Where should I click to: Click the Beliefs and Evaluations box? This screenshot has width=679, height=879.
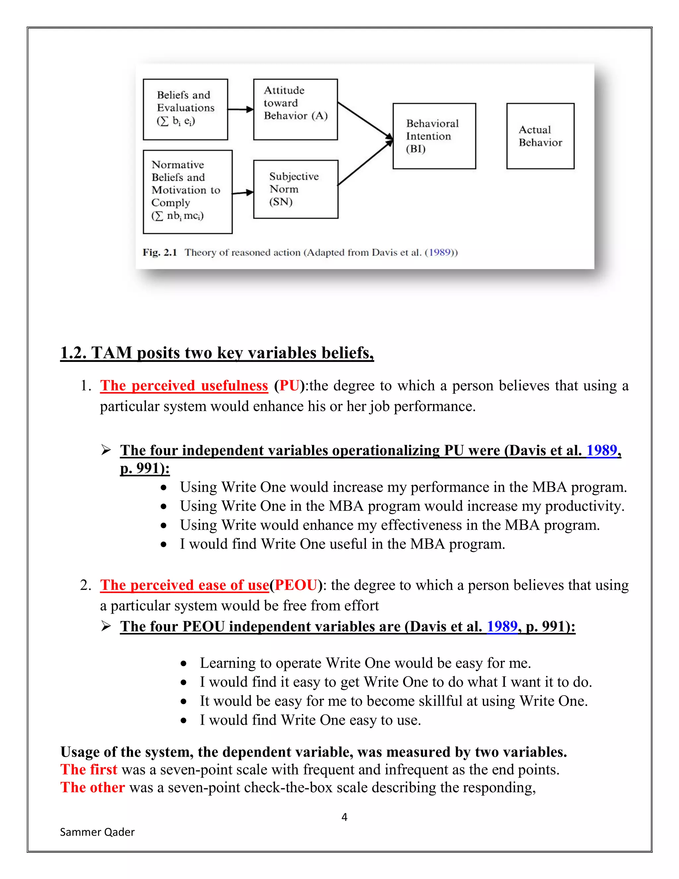(185, 109)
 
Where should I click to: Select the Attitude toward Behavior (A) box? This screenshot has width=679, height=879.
(295, 109)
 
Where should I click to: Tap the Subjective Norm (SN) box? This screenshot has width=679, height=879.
(296, 189)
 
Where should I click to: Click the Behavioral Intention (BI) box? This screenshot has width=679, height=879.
(434, 136)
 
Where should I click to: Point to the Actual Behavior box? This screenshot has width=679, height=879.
(540, 136)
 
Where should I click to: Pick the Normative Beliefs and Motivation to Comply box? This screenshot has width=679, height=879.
(187, 192)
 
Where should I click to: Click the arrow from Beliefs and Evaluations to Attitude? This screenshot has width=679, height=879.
(241, 109)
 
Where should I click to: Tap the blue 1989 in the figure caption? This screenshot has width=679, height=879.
(439, 252)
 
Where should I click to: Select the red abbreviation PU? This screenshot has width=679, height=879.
(289, 385)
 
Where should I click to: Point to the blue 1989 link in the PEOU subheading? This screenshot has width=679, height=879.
(502, 626)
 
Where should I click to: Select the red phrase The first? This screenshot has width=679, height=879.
(89, 770)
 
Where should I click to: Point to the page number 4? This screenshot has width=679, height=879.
(344, 817)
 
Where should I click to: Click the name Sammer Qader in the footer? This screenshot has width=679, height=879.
(97, 832)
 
